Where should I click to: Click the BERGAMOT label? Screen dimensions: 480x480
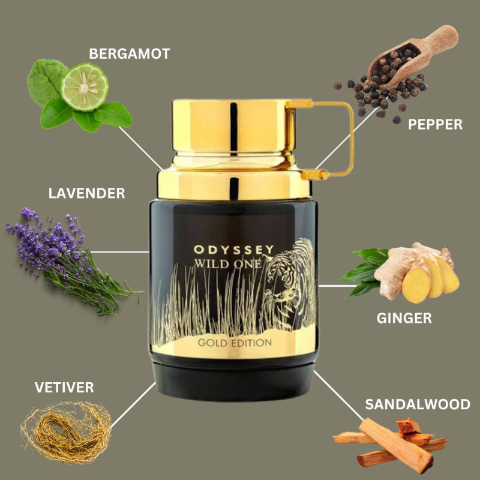[130, 54]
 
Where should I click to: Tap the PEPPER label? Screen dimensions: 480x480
[435, 124]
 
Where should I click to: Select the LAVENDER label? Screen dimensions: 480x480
[86, 193]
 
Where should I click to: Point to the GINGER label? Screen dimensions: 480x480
[404, 318]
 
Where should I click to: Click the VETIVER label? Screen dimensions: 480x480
[64, 387]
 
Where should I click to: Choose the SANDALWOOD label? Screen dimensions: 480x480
[418, 404]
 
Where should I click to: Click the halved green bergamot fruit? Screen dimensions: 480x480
[85, 86]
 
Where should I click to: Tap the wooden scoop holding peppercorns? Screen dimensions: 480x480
[413, 56]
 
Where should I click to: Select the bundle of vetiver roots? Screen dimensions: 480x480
[66, 432]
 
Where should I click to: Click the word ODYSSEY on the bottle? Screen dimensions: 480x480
[233, 250]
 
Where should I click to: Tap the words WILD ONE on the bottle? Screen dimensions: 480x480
[228, 263]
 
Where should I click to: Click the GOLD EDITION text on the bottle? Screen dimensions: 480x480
[235, 343]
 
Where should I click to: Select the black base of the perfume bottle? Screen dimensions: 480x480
[233, 381]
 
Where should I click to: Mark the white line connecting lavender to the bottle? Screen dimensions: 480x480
[120, 252]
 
